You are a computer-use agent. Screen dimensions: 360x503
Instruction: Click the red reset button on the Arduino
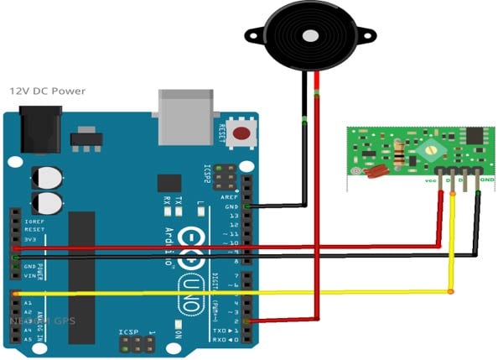point(243,133)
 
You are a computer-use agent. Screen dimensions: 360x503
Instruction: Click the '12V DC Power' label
point(47,91)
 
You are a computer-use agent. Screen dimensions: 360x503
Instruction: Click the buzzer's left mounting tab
point(251,34)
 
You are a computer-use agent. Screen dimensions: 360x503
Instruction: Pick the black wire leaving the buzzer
point(303,126)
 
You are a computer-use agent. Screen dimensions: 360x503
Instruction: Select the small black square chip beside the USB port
point(169,183)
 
